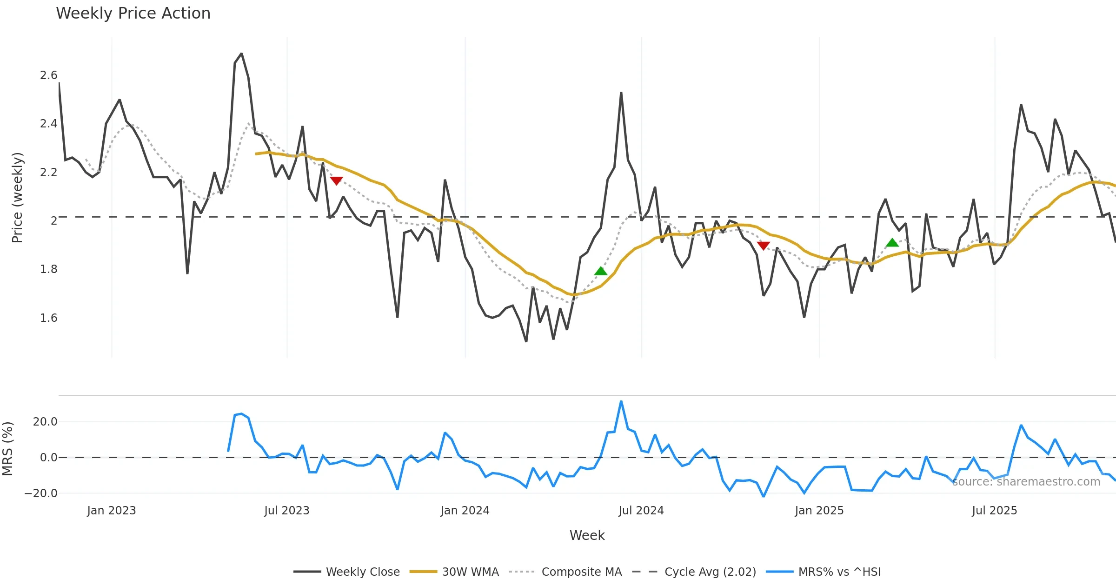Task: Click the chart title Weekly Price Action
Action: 133,13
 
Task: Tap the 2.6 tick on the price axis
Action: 48,75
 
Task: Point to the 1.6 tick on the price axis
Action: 48,318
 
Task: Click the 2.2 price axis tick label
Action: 48,173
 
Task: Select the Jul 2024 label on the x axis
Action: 641,511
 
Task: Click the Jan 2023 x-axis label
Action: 112,511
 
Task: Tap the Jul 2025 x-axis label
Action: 994,511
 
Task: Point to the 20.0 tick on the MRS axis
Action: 45,422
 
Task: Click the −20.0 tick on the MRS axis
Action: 41,493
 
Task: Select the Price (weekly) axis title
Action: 17,198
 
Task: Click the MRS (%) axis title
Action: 8,448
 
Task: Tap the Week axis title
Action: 587,536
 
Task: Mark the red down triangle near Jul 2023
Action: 336,180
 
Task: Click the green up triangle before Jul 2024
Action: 601,271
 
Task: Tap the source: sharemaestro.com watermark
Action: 1026,482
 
